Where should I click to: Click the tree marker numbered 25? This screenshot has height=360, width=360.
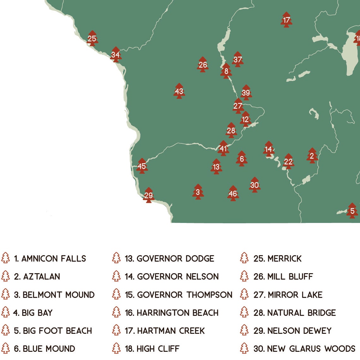click(x=92, y=39)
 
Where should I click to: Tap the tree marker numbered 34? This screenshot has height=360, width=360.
click(x=116, y=55)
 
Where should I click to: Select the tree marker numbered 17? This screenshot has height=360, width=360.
click(x=286, y=20)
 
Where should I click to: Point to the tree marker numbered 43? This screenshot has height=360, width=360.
click(x=179, y=91)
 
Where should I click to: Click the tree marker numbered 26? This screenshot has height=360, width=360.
click(x=203, y=65)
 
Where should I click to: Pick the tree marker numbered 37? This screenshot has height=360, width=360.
click(x=237, y=59)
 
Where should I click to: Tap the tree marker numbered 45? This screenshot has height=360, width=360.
click(x=142, y=166)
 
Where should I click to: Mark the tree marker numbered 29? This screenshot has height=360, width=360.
click(x=148, y=195)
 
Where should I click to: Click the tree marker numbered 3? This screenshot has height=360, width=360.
click(x=198, y=192)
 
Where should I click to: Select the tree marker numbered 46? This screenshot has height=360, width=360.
click(x=233, y=194)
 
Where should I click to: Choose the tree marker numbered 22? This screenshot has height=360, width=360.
click(x=288, y=162)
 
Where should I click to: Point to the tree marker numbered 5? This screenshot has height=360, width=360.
click(x=352, y=211)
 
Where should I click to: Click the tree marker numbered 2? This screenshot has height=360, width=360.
click(x=312, y=156)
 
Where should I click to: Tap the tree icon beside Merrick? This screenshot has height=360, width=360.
click(x=244, y=258)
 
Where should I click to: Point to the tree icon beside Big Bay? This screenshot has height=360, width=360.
click(x=5, y=312)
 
